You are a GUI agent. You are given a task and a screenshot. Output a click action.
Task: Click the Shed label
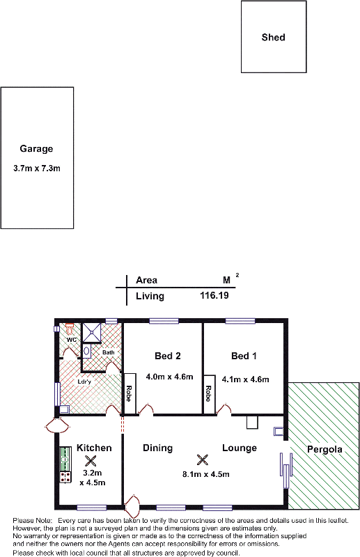coord(273,38)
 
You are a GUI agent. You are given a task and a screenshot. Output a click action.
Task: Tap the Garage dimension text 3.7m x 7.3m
coord(37,168)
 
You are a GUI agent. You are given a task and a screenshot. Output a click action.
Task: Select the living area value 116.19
coord(214,295)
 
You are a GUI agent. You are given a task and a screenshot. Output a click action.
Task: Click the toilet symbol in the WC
coord(70,328)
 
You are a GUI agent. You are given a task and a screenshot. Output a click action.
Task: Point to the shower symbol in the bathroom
coord(92,333)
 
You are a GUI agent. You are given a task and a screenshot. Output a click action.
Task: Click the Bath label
coord(109,352)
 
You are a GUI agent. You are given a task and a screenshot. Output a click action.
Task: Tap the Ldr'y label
coord(84,382)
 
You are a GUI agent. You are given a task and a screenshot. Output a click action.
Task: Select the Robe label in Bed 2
coord(129,393)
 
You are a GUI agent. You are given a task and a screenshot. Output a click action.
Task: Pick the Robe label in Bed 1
coord(209,393)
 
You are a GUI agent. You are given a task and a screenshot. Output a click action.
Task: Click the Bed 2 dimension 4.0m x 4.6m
coord(169,377)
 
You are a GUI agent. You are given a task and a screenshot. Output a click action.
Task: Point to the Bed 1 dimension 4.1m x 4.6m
coord(246,379)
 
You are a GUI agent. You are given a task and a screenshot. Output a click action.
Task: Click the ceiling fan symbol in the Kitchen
coord(91,461)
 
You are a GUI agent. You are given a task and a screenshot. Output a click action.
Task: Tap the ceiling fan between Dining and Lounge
coord(202,460)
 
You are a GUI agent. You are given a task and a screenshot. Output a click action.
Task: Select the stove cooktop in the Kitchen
coord(65,477)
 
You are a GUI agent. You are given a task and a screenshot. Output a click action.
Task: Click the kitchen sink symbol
coord(65,459)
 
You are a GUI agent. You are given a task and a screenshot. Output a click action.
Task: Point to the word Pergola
coord(324,449)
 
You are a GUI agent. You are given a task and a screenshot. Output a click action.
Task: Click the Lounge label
coord(240,448)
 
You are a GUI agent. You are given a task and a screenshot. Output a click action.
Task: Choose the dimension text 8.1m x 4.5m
coord(206,474)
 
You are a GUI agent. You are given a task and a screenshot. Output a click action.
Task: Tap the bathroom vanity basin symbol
coord(86,352)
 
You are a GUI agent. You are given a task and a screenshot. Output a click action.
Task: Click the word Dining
coord(158,448)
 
